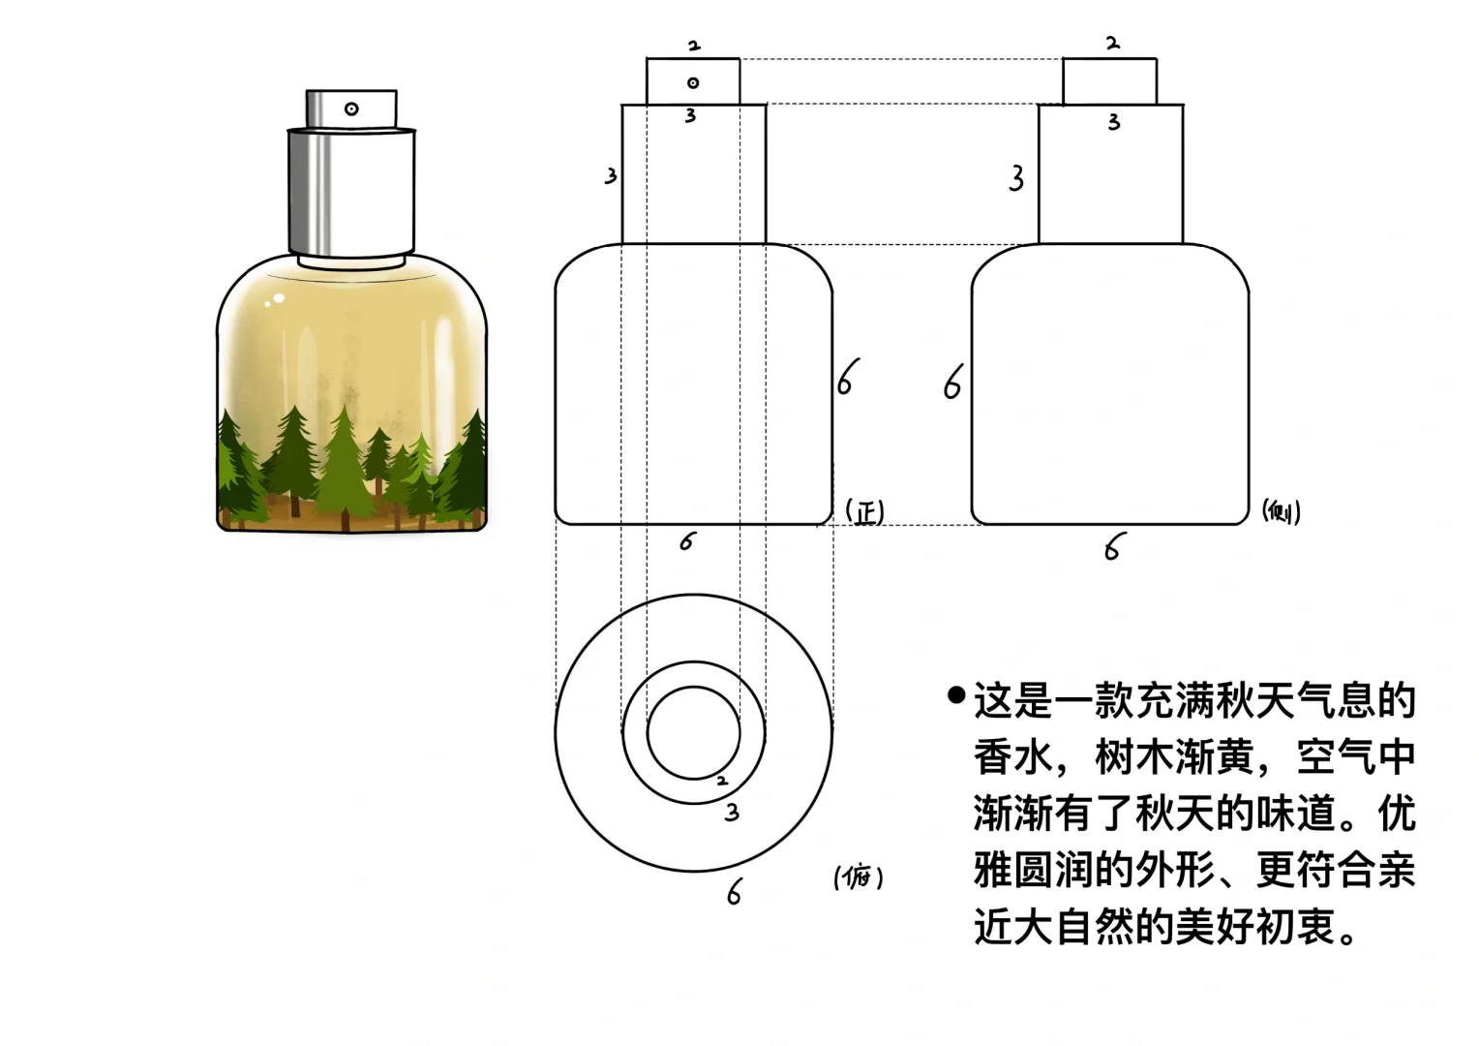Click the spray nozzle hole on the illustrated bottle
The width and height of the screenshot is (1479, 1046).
click(x=351, y=109)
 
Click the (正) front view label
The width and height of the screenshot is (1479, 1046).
click(x=864, y=511)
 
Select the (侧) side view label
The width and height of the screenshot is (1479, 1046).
click(x=1282, y=511)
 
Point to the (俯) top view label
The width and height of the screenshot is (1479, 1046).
click(x=858, y=877)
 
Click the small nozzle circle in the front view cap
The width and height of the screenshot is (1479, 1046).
click(x=693, y=83)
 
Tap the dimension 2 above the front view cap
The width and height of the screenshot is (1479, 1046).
click(x=694, y=46)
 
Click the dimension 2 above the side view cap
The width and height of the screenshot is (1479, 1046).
click(x=1112, y=44)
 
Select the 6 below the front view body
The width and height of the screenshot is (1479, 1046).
click(x=687, y=541)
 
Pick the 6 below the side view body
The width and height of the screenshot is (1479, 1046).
click(x=1113, y=549)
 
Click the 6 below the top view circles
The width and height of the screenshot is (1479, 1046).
click(x=735, y=891)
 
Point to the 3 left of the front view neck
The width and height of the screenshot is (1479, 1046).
click(x=611, y=176)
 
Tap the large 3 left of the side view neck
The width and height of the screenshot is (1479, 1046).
click(x=1016, y=178)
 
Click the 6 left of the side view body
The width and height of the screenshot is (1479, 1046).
click(x=953, y=383)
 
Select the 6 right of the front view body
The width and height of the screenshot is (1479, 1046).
click(x=848, y=378)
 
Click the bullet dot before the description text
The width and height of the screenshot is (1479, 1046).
click(x=956, y=695)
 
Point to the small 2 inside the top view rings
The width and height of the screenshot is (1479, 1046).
click(x=721, y=781)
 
